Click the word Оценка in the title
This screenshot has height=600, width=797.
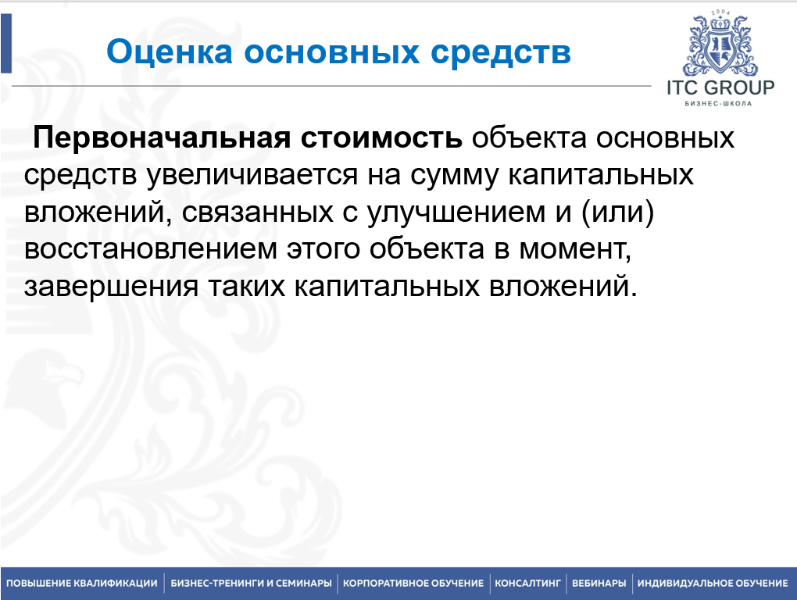point(170,52)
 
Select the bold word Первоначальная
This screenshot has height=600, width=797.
point(163,137)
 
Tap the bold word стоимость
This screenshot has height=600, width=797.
point(381,138)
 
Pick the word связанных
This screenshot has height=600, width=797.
point(257,212)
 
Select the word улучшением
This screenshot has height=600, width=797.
point(456,212)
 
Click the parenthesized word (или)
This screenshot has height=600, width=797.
point(617,212)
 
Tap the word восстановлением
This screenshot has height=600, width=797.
point(151,249)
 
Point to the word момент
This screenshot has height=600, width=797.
point(574,250)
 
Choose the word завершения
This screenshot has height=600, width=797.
point(111,287)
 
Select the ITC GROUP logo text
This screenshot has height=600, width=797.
point(720,88)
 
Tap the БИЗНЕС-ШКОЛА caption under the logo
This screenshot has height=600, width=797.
point(718,104)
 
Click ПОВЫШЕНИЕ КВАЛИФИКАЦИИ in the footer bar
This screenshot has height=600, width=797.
point(82,584)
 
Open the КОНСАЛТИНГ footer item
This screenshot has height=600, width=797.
point(527,584)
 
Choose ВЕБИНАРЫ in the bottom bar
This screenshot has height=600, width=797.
point(599,584)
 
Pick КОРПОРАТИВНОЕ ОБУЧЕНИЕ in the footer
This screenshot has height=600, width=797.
point(413,584)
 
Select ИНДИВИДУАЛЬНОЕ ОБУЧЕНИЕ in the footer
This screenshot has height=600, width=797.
point(713,584)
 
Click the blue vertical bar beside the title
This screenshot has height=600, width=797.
point(6,43)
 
